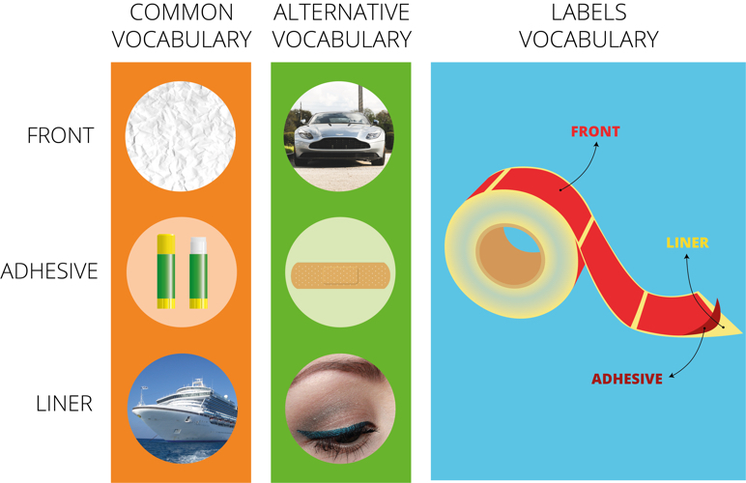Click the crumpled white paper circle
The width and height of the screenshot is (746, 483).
click(181, 136)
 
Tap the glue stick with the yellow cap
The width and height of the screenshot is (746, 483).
click(166, 271)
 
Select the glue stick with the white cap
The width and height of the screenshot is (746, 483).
click(198, 272)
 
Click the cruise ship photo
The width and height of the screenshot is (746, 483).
click(183, 409)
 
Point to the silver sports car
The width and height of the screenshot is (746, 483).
click(339, 138)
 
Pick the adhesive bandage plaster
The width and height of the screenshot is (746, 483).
click(340, 275)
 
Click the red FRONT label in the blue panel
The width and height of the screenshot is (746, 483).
click(595, 131)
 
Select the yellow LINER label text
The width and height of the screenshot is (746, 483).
click(687, 242)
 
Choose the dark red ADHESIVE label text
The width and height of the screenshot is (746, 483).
click(627, 379)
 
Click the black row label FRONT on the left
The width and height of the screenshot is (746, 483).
click(61, 135)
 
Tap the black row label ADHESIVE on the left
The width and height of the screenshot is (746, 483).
click(49, 271)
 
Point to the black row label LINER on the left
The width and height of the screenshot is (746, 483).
click(64, 404)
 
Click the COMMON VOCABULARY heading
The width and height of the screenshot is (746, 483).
click(182, 26)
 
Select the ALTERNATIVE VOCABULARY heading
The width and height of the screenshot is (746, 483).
click(342, 26)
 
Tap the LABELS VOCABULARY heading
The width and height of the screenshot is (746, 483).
click(589, 26)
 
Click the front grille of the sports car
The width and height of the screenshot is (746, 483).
click(339, 143)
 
